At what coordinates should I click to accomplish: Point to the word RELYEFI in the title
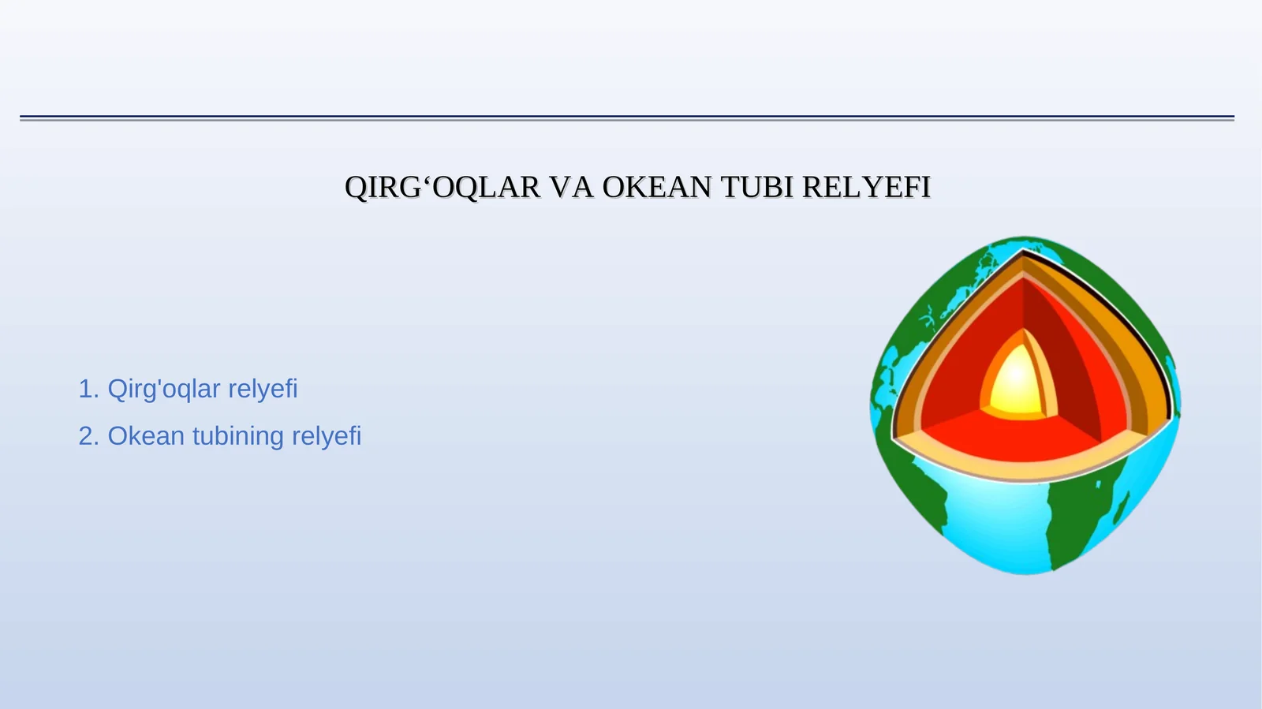click(x=866, y=188)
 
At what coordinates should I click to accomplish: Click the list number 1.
click(x=87, y=389)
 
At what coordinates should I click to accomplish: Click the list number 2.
click(x=87, y=436)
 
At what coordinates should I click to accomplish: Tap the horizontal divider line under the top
click(x=627, y=118)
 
